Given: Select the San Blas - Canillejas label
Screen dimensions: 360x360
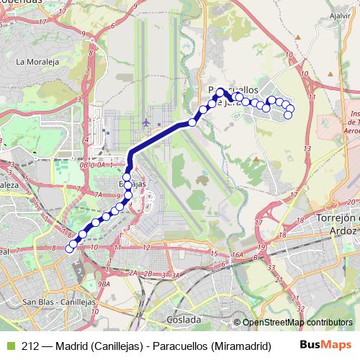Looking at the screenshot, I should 50,302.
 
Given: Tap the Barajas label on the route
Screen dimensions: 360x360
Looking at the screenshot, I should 132,185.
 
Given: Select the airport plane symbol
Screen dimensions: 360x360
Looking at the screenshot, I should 147,122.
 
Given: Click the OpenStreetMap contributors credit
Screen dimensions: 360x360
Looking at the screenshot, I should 297,323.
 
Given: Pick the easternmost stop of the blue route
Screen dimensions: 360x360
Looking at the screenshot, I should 290,109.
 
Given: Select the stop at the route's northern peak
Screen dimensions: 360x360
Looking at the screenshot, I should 220,91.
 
